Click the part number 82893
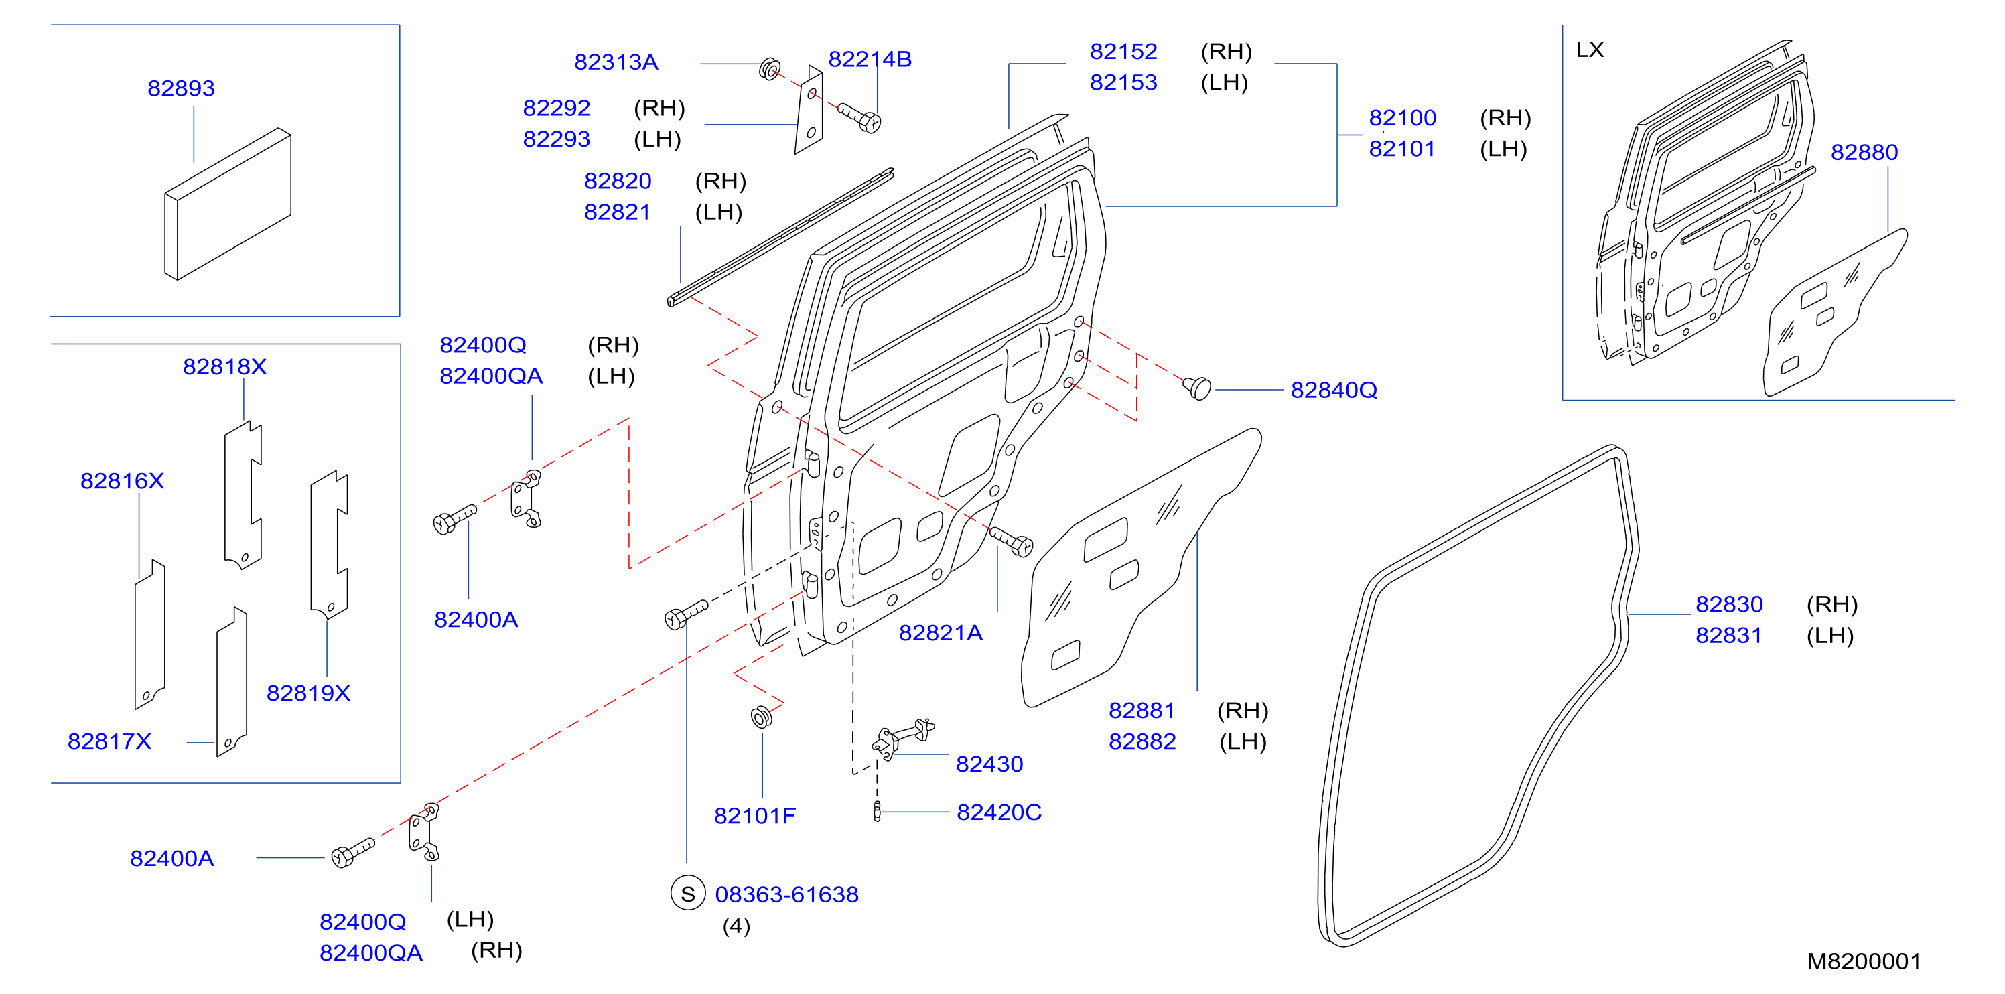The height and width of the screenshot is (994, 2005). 181,88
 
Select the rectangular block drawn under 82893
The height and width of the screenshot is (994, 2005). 228,204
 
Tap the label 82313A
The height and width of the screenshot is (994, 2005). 616,62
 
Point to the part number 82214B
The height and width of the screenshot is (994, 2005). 870,58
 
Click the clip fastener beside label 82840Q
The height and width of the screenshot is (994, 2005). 1198,387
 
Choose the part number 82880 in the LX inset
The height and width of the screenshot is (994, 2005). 1864,152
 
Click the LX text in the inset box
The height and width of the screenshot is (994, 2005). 1590,50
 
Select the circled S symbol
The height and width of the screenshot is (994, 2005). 687,894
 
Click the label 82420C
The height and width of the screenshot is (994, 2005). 999,812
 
